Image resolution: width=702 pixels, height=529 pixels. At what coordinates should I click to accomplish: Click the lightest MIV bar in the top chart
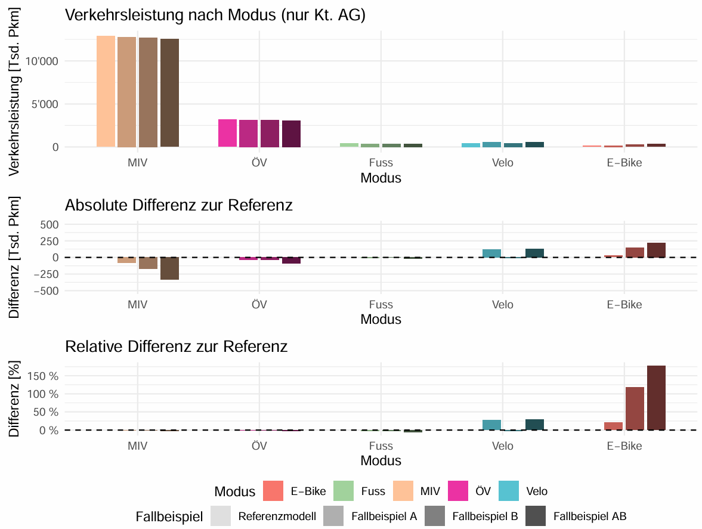coord(106,91)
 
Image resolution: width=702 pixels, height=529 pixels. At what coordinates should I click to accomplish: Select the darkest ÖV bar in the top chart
coord(291,134)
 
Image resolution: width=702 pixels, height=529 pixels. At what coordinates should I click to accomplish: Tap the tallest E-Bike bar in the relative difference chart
coord(656,398)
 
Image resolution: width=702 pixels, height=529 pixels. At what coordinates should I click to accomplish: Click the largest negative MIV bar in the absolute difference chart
coord(169,268)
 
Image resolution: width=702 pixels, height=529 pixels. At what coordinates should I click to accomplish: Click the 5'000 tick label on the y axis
coord(46,104)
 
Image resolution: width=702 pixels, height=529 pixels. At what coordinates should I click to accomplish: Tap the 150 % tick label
coord(43,376)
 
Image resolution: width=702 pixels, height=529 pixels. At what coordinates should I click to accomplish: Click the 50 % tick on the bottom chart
coord(46,412)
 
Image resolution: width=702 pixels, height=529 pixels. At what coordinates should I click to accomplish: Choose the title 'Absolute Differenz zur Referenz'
coord(179,206)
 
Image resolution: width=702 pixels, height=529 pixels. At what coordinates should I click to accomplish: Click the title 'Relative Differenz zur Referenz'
coord(177,347)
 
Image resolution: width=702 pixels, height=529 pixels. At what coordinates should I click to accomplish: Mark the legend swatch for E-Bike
coord(272,491)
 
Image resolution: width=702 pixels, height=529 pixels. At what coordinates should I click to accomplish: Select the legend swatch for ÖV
coord(457,491)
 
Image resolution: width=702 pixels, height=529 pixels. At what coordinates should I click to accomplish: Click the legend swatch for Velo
coord(508,491)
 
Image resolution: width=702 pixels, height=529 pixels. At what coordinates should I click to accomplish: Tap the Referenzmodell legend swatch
coord(221,516)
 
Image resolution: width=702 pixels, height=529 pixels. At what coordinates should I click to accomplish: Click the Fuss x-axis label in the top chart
coord(381,163)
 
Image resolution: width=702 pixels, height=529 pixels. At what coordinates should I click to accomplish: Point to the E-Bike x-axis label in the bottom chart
coord(624,446)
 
